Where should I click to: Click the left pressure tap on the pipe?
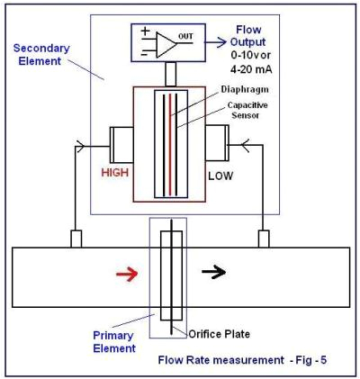[76, 239]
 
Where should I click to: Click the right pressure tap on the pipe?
[265, 239]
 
